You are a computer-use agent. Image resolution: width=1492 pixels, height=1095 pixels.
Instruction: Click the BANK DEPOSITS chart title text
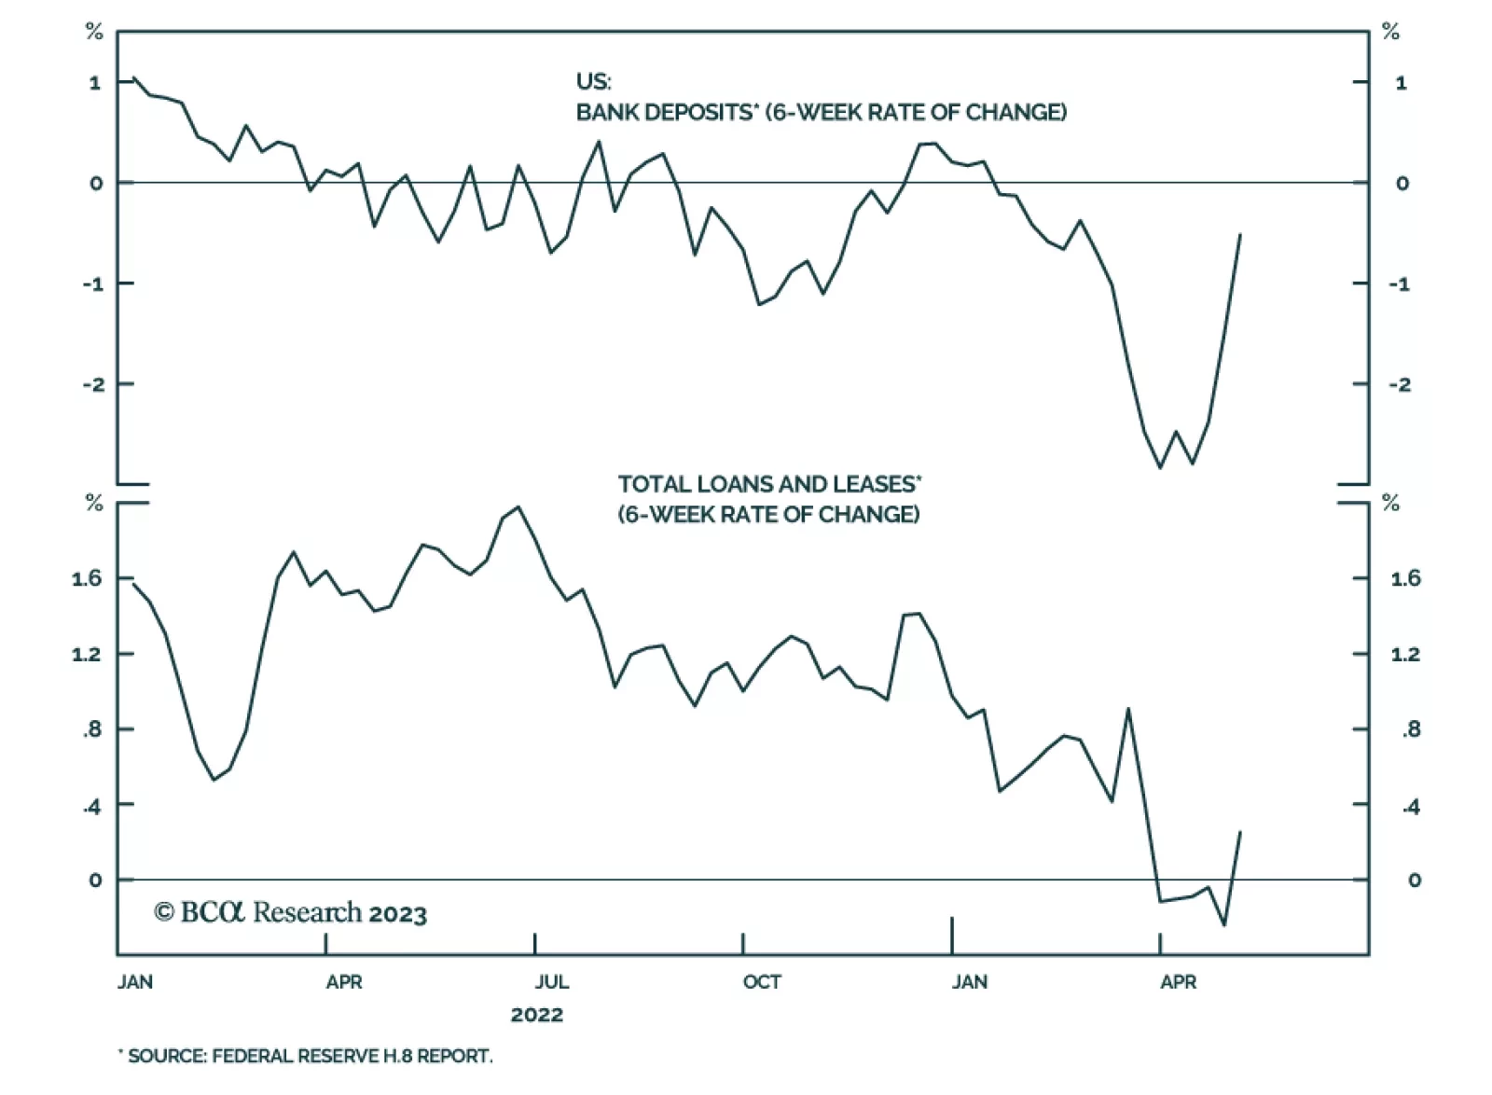(821, 112)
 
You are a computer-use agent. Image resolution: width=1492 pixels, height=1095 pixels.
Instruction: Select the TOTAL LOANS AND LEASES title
(769, 484)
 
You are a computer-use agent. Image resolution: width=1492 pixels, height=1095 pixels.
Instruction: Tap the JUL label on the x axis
(551, 982)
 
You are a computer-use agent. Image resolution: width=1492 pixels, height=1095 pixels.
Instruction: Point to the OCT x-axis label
(761, 982)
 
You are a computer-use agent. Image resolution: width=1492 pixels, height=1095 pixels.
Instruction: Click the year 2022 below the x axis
(536, 1015)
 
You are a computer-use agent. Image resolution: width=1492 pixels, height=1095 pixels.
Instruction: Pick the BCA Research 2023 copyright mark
(291, 912)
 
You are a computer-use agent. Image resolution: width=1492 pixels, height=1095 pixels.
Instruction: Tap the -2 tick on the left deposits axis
(93, 384)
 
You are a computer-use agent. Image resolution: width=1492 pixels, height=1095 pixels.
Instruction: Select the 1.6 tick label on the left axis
(87, 579)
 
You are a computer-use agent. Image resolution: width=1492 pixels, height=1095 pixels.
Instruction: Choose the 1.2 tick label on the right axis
(1405, 655)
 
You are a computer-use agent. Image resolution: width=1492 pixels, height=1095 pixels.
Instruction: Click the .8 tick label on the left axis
(92, 730)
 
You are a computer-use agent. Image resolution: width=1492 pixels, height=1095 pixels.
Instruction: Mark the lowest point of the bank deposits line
(1160, 467)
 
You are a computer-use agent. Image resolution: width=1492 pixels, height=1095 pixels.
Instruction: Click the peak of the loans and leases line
(518, 507)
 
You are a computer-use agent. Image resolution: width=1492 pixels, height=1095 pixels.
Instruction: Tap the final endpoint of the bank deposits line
(1240, 234)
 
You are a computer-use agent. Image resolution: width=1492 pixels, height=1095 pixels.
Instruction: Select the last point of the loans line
(1240, 831)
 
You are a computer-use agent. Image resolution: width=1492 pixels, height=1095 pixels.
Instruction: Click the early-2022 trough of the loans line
(214, 780)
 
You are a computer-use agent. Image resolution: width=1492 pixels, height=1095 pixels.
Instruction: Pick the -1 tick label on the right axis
(1399, 284)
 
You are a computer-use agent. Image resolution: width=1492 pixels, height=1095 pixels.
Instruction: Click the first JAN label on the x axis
(135, 982)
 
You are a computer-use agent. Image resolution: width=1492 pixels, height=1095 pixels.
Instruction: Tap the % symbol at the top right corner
(1390, 33)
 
